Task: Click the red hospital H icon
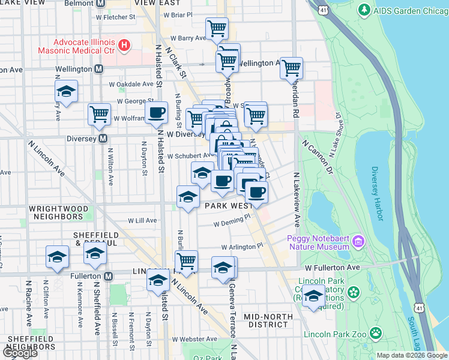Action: pos(124,44)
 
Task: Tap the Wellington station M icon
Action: pos(98,70)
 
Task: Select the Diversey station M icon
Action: pos(103,139)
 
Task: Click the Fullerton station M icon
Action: pos(108,276)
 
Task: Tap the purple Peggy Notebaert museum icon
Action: pos(358,242)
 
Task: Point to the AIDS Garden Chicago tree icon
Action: pos(364,10)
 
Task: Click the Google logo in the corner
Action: pos(19,353)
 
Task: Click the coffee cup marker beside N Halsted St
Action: pos(157,112)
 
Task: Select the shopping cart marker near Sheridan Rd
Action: pos(291,68)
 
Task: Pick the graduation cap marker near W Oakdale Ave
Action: pos(66,91)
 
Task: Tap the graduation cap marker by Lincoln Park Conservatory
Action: pos(313,296)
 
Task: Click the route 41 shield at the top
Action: pos(324,10)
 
